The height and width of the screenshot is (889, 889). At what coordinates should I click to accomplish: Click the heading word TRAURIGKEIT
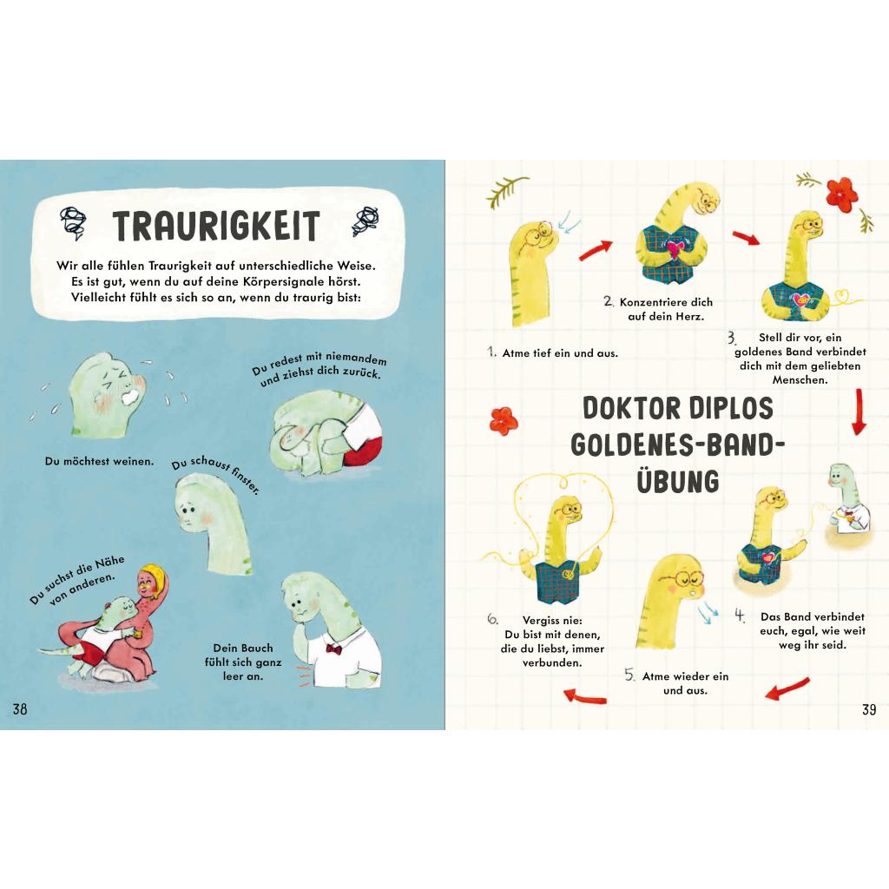point(216,225)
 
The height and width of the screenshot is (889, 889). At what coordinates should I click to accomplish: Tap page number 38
point(20,708)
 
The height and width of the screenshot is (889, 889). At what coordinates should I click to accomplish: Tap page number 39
point(868,709)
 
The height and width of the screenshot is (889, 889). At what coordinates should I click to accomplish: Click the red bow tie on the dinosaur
point(334,649)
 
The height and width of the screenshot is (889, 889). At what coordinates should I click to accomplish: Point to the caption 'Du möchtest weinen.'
point(99,461)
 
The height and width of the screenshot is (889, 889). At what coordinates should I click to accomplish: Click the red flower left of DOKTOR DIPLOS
point(503,421)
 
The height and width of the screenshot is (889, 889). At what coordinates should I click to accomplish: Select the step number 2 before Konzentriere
point(609,301)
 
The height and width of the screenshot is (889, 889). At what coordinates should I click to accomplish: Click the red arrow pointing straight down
point(859,412)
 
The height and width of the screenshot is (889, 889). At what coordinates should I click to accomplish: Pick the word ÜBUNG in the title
point(677,481)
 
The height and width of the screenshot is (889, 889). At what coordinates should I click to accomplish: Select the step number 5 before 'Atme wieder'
point(629,675)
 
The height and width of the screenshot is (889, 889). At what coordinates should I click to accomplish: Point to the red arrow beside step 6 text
point(584,696)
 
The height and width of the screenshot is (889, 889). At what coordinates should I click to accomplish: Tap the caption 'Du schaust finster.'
point(215,474)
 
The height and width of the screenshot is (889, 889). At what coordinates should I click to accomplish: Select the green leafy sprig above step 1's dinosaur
point(506,190)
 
